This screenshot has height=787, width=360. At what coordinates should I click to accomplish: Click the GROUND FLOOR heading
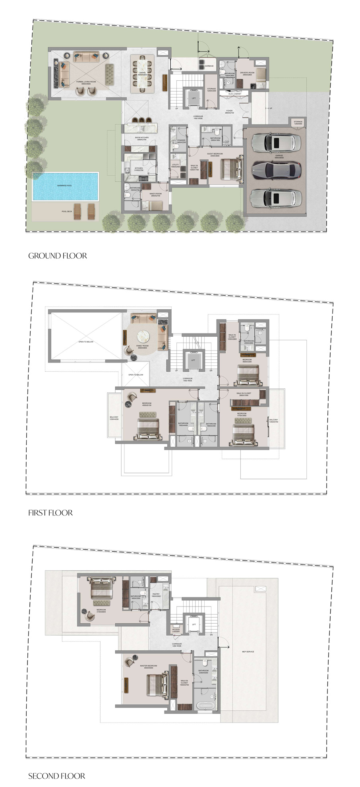[58, 256]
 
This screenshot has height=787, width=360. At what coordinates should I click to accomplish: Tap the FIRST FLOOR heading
[50, 513]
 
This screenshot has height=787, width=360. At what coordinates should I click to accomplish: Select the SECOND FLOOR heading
[57, 776]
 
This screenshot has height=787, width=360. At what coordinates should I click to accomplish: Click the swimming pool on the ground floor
[65, 186]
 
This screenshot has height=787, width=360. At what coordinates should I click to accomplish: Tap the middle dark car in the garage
[275, 170]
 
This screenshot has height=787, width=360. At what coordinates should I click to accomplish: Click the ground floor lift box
[194, 98]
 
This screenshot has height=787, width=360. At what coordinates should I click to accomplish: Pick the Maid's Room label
[155, 195]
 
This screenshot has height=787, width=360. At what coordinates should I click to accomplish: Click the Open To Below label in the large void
[86, 342]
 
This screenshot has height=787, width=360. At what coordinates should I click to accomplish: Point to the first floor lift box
[193, 360]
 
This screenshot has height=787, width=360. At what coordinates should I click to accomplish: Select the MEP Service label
[248, 651]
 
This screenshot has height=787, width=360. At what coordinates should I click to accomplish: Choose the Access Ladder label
[176, 630]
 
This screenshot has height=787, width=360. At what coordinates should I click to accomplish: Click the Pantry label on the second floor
[156, 595]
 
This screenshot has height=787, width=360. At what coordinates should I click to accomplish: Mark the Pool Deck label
[67, 211]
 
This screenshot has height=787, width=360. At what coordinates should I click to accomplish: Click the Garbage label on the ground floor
[209, 66]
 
